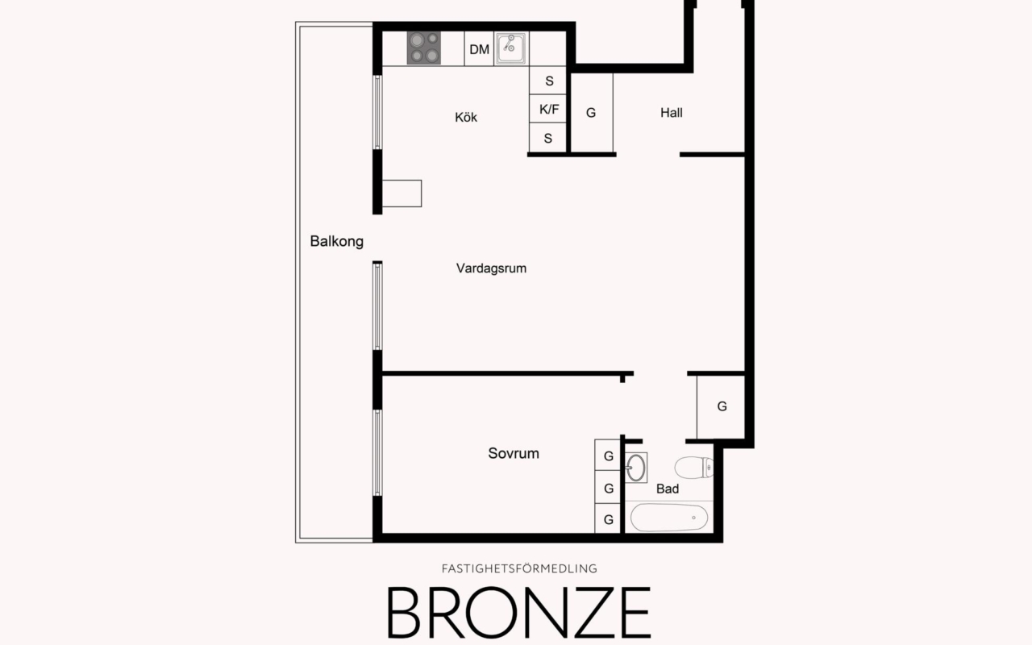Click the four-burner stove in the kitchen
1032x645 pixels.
click(x=424, y=48)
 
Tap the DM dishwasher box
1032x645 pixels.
click(x=480, y=49)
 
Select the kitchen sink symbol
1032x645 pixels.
click(x=511, y=48)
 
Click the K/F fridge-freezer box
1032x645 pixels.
click(x=548, y=109)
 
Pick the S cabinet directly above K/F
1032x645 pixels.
click(x=548, y=81)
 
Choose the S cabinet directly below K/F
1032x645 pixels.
click(x=548, y=138)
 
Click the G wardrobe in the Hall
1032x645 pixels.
click(x=591, y=113)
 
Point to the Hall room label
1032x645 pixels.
click(x=671, y=113)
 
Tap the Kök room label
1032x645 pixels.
click(x=466, y=117)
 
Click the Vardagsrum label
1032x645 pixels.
click(x=491, y=268)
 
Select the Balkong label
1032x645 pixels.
click(x=336, y=241)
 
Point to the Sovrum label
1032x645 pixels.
click(x=514, y=453)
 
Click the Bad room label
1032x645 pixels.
click(x=667, y=489)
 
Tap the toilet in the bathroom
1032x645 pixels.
click(x=694, y=468)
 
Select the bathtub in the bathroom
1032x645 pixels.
click(x=668, y=517)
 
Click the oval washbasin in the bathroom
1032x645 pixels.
click(x=636, y=467)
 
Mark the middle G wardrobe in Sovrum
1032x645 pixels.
click(x=609, y=488)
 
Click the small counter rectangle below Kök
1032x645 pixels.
click(x=402, y=193)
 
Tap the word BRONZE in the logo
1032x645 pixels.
click(x=518, y=612)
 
